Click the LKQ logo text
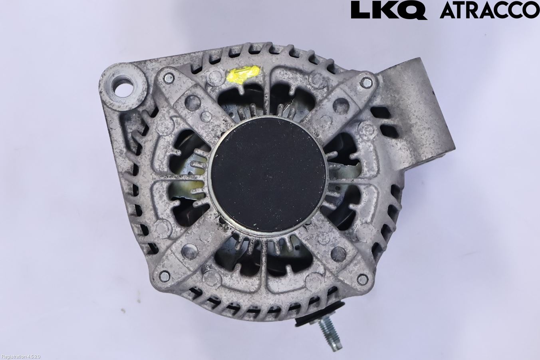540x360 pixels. tap(389, 10)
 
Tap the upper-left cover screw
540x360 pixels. tap(169, 78)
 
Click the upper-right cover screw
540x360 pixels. tap(366, 82)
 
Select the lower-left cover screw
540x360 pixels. tap(165, 276)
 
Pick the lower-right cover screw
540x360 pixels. tap(362, 279)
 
